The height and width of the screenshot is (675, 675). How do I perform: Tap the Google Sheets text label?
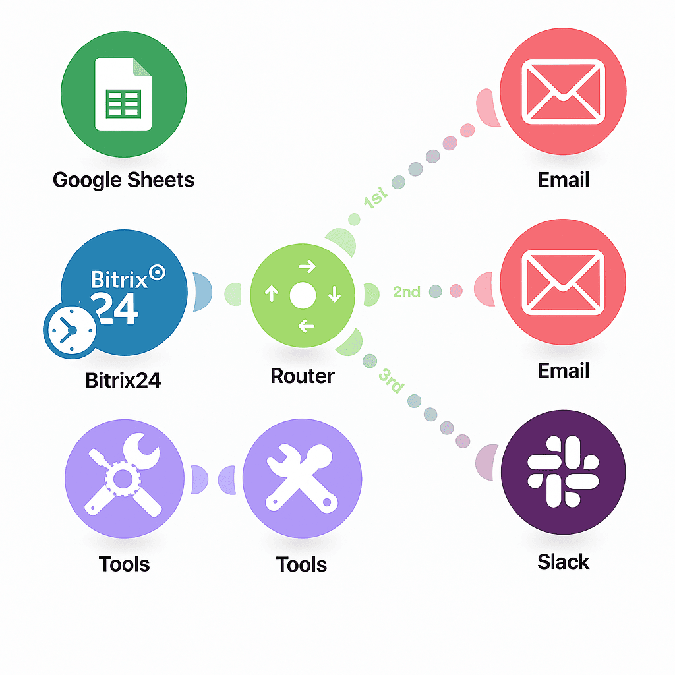[x=123, y=180]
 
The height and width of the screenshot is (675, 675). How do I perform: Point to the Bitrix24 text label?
[x=123, y=380]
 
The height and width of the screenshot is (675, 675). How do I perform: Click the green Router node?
[x=303, y=294]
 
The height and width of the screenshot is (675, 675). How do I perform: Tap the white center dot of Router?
[x=303, y=295]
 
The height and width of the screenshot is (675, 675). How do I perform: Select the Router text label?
[x=303, y=376]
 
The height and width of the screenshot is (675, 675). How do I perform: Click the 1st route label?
[x=375, y=198]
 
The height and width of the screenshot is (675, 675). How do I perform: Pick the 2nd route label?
[x=406, y=291]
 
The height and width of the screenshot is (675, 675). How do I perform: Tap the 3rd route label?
[x=391, y=380]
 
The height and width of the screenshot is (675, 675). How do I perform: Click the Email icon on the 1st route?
[x=563, y=92]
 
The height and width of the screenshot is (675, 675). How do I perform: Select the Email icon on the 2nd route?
[x=563, y=282]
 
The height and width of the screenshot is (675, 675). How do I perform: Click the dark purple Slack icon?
[x=563, y=472]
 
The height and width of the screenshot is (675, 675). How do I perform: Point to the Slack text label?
[x=563, y=562]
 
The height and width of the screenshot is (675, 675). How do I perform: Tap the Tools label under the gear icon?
[x=125, y=564]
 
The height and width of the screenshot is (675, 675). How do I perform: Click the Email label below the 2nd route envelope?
[x=563, y=370]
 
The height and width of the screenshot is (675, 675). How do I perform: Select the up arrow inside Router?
[x=272, y=294]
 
